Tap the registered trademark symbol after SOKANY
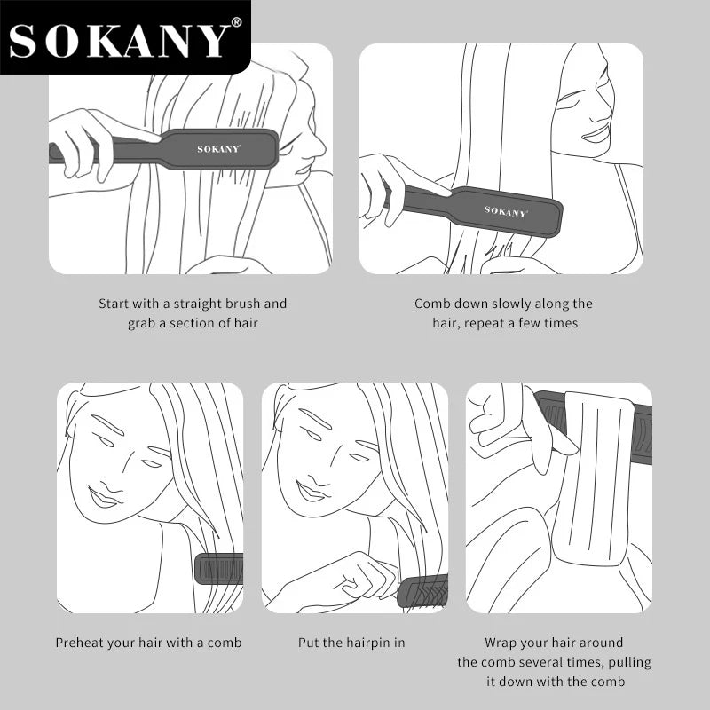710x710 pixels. coord(236,22)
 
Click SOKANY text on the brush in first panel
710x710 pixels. coord(218,148)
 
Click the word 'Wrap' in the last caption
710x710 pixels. coord(501,643)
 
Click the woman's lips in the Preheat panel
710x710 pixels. coord(103,498)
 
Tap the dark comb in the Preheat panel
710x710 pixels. coord(219,568)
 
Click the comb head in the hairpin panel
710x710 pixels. coord(423,590)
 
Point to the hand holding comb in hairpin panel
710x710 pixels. coord(359,578)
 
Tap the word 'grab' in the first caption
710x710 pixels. coord(142,323)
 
